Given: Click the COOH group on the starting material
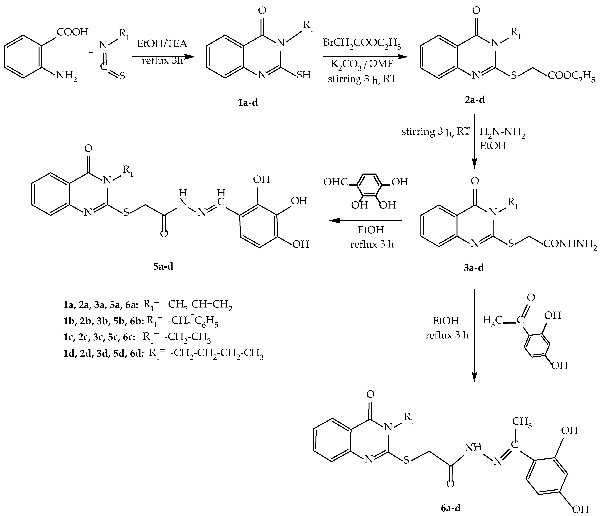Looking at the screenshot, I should tap(73, 32).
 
